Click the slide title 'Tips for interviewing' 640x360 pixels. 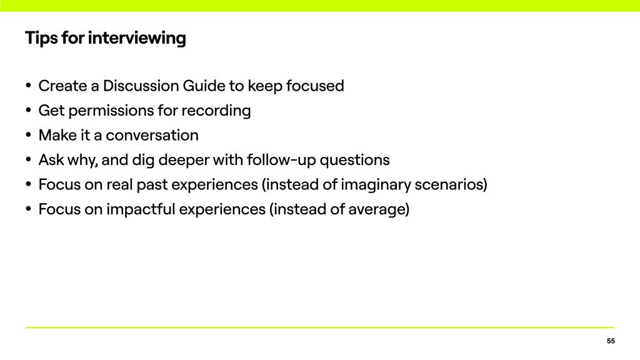click(x=105, y=38)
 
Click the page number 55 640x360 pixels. click(x=611, y=341)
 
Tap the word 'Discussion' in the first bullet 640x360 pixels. click(x=141, y=86)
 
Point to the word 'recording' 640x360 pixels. click(x=216, y=111)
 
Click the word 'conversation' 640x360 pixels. click(x=152, y=135)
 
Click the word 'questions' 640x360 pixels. click(x=355, y=161)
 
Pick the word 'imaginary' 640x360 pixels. click(x=376, y=185)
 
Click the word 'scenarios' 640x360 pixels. click(x=449, y=184)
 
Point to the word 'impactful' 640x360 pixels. click(x=141, y=209)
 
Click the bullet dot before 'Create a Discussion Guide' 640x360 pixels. click(x=28, y=86)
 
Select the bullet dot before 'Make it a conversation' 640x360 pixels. click(x=28, y=135)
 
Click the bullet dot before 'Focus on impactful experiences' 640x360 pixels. click(x=28, y=209)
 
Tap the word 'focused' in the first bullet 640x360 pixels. click(x=315, y=86)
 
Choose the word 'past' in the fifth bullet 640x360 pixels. click(x=152, y=185)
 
